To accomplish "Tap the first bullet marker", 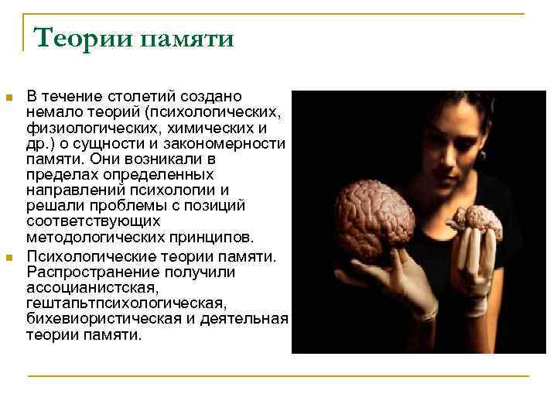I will (x=9, y=98).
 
